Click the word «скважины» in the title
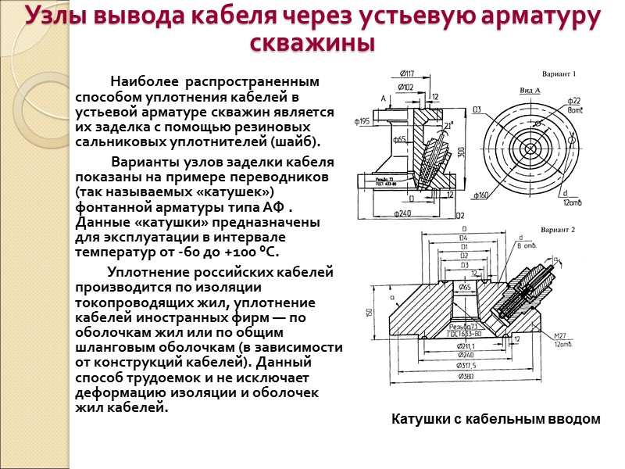point(312,42)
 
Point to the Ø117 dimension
point(406,74)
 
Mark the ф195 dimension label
point(362,122)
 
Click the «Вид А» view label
point(530,90)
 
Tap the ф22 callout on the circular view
point(574,101)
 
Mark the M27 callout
point(560,336)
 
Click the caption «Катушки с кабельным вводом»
point(496,419)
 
